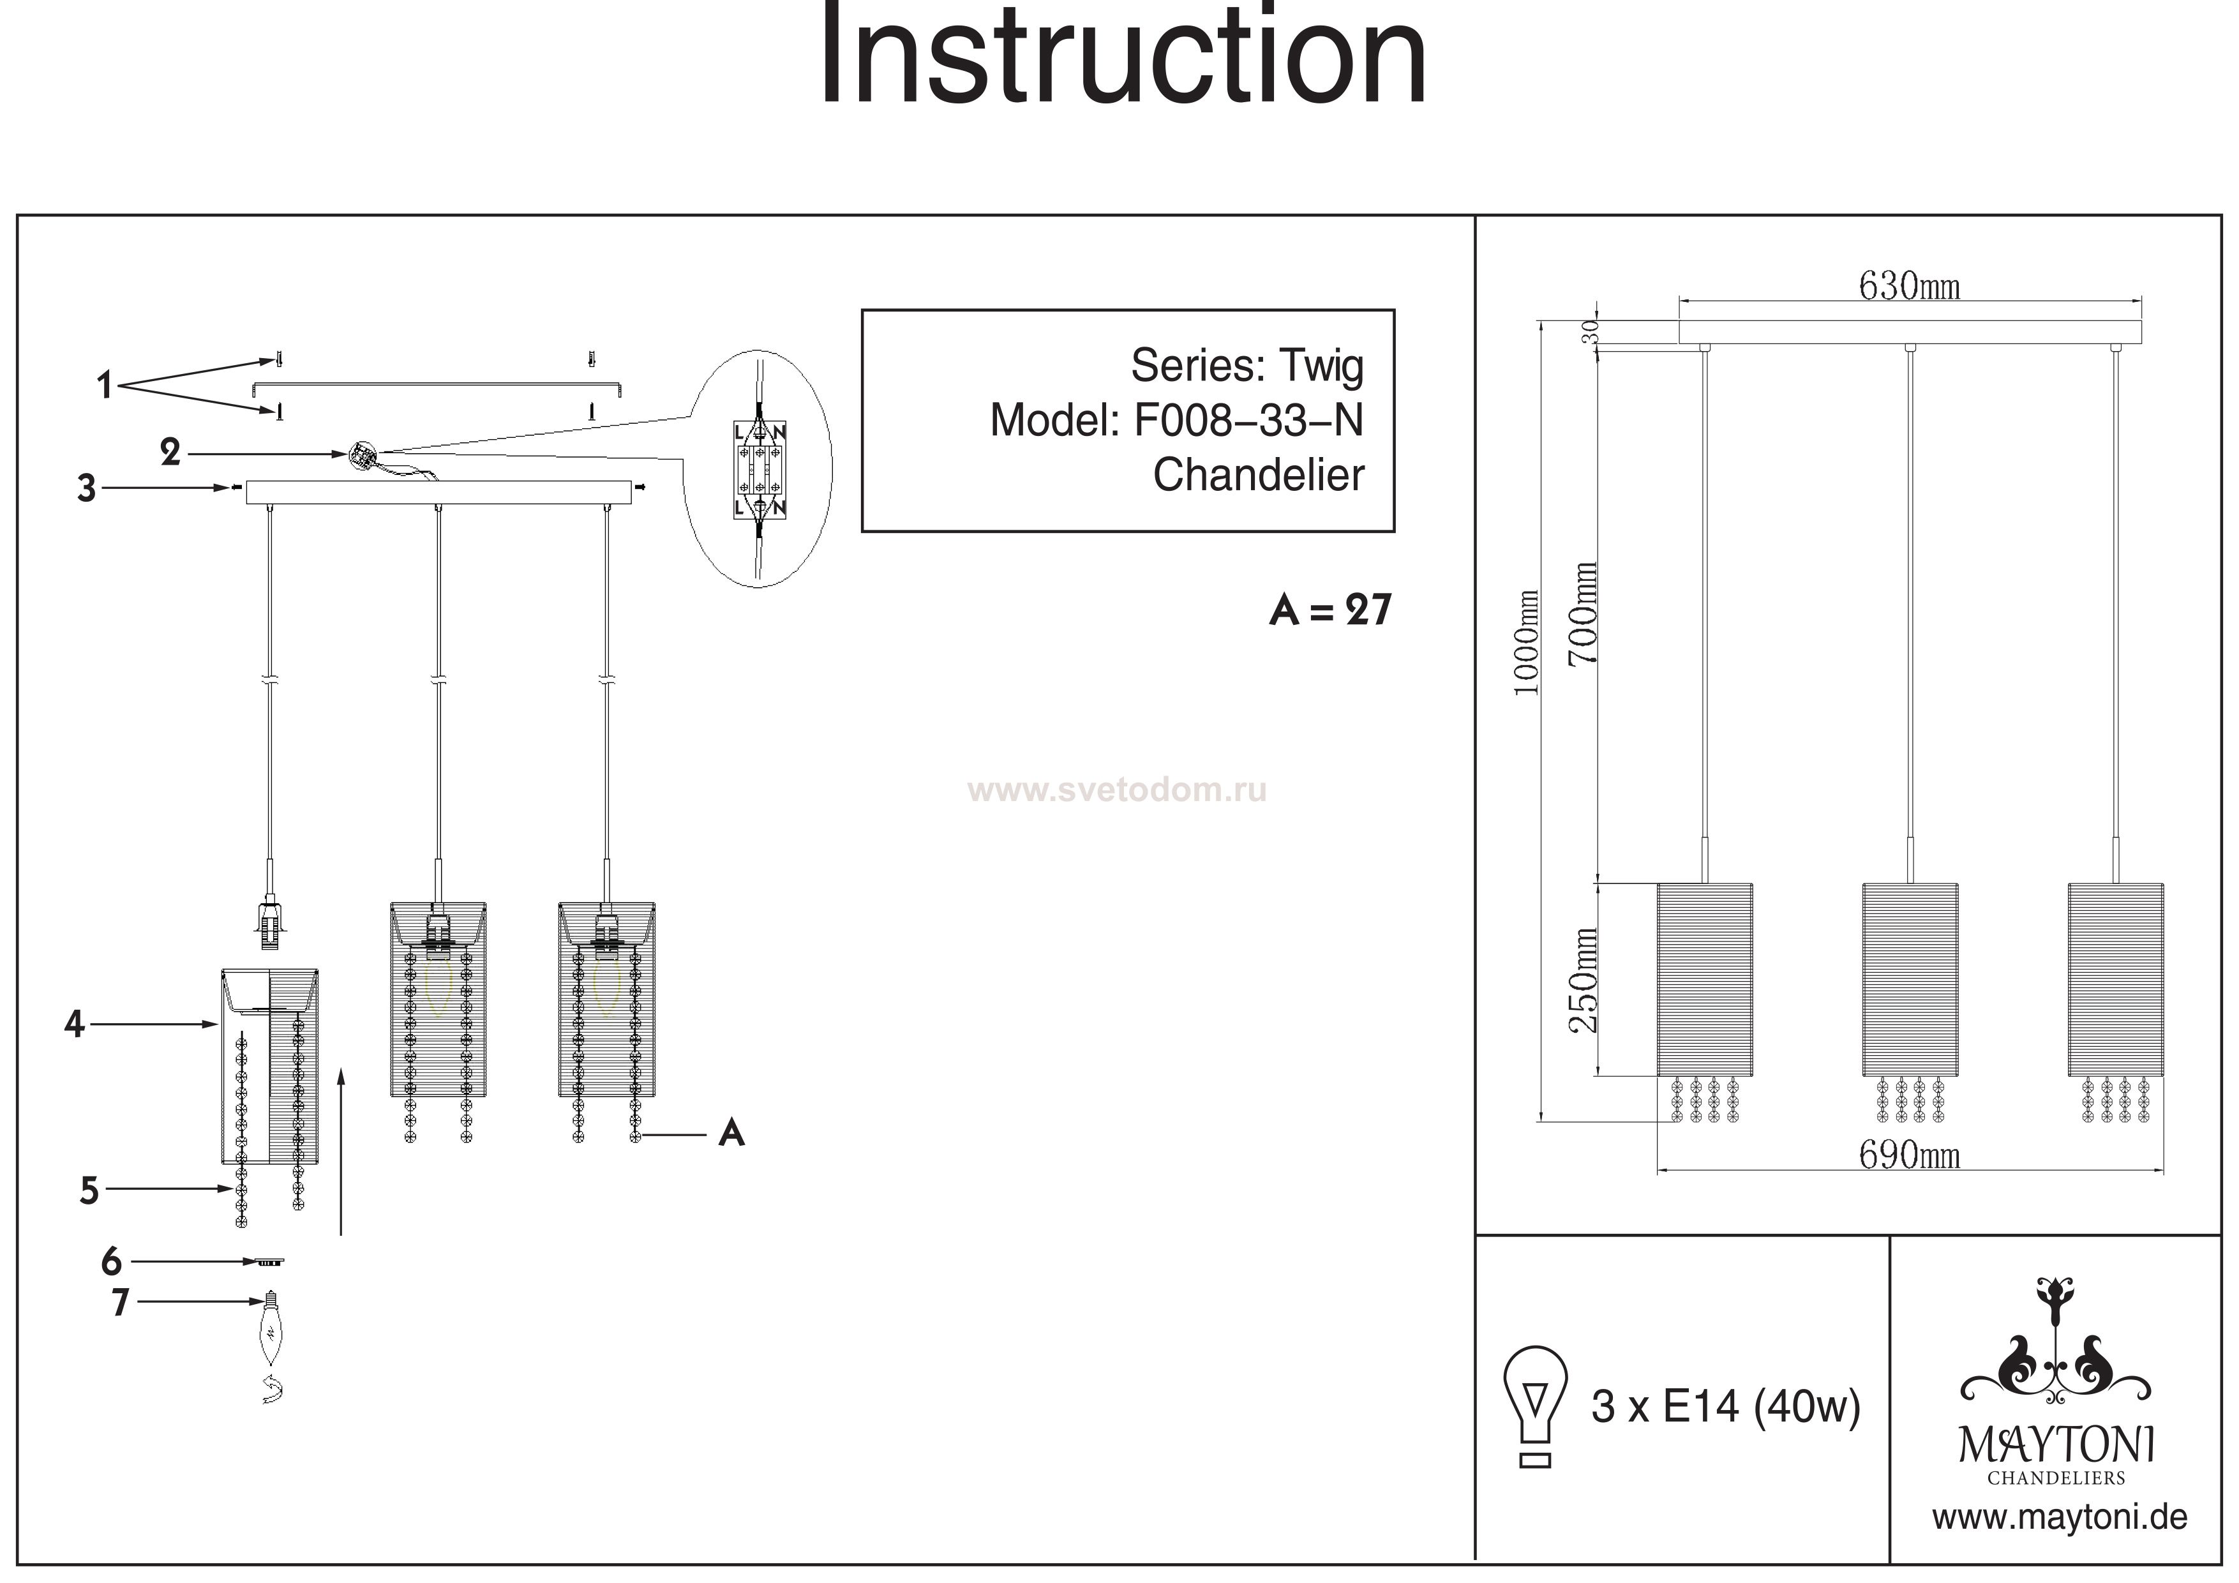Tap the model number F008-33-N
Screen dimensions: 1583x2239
point(1248,421)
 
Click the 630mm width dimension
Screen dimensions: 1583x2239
point(1908,287)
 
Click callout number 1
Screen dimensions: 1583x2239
point(104,386)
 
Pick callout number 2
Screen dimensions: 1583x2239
point(170,453)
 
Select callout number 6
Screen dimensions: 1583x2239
point(111,1261)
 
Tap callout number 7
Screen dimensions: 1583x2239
point(120,1302)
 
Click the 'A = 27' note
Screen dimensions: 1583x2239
point(1330,611)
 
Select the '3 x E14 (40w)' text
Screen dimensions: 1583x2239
point(1725,1406)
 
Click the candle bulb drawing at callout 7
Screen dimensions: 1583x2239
point(270,1332)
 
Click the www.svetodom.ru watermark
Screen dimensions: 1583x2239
point(1118,790)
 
